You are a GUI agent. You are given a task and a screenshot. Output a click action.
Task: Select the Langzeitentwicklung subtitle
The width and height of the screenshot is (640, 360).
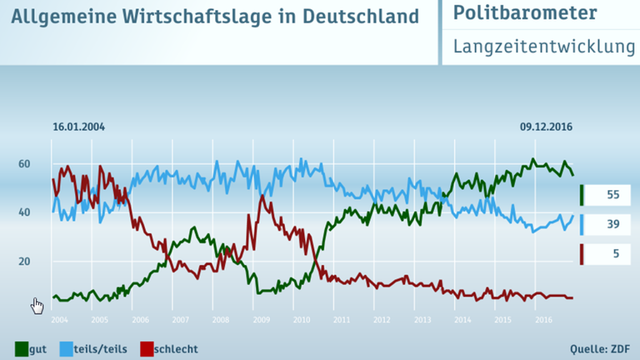coord(544,47)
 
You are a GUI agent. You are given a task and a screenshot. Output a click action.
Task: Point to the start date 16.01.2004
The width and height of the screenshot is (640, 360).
coord(78,127)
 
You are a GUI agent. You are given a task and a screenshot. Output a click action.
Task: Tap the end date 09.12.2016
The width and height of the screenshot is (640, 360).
coord(547,127)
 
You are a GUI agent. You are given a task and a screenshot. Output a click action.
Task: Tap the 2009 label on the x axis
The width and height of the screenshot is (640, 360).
coord(261,319)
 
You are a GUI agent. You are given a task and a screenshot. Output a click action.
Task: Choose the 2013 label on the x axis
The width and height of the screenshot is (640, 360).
coord(422,319)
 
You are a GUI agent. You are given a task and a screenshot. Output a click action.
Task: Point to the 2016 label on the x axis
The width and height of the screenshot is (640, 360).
coord(543,319)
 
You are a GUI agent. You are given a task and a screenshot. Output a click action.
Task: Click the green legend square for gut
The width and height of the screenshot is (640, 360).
coord(22,348)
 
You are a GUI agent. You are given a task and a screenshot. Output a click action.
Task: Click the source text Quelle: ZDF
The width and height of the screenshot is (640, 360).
coord(601,348)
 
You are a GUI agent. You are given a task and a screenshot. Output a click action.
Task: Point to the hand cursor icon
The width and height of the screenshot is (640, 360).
coord(37,306)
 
